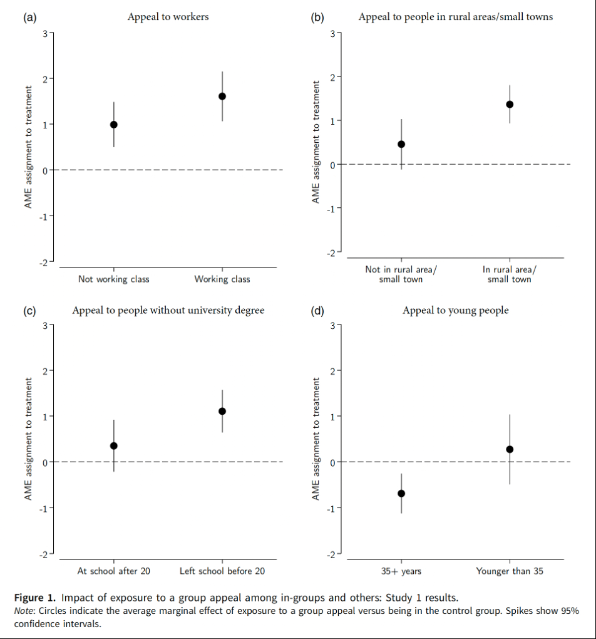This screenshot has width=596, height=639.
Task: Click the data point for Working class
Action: pos(222,96)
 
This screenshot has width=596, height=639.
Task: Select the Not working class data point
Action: pos(114,125)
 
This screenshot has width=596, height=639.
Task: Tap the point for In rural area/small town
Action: pos(510,104)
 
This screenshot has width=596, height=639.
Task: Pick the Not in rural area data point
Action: pos(401,144)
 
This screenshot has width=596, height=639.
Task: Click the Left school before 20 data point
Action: pos(222,411)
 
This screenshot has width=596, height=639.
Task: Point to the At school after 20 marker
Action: pos(114,446)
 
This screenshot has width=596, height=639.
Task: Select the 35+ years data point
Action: pos(401,494)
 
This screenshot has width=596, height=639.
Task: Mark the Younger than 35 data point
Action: pos(510,449)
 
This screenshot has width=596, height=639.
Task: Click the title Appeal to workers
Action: pos(168,17)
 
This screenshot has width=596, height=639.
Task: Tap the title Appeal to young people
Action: pos(455,310)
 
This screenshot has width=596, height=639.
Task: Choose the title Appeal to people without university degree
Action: pos(168,310)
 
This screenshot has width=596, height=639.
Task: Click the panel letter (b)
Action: pos(317,18)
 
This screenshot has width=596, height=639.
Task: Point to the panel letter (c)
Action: pos(29,311)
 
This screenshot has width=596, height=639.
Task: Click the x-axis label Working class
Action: pos(222,279)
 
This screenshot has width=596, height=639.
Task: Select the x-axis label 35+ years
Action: pos(401,571)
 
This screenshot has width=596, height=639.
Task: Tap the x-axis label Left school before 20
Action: pos(222,571)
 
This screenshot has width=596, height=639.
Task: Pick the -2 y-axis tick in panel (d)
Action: pos(332,554)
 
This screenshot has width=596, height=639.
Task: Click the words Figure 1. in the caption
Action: pos(34,597)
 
